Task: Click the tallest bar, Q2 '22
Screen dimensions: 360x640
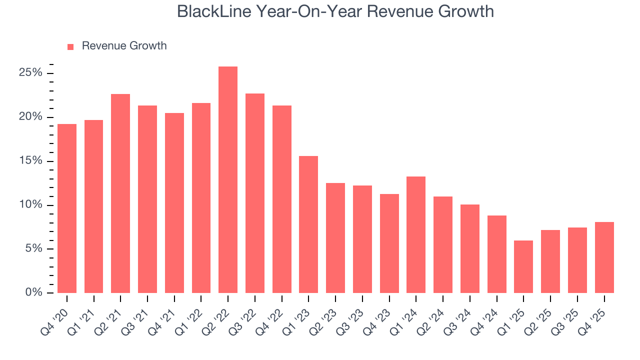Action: [228, 180]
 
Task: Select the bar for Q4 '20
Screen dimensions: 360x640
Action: [67, 208]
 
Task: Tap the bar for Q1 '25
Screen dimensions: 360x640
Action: [523, 266]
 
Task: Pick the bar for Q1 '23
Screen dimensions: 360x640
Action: [308, 224]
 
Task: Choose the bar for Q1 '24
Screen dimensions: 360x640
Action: [416, 234]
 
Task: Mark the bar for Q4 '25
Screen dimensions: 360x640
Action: [604, 257]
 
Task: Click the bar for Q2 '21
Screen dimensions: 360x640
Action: [120, 193]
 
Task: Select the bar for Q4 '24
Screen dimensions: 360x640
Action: [496, 254]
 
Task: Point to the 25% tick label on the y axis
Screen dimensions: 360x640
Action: [30, 73]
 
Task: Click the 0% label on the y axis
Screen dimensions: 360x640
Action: [33, 292]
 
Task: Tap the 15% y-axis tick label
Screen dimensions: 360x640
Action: [30, 161]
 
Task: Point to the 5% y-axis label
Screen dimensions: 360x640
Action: [33, 249]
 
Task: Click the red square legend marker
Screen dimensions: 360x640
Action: [70, 46]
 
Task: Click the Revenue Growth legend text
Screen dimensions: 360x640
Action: [124, 46]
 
